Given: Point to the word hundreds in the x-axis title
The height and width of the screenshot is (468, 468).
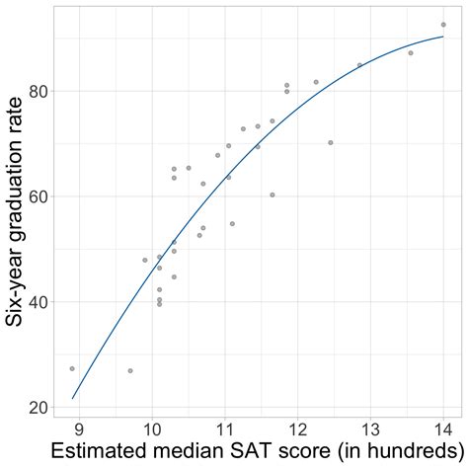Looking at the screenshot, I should (x=400, y=453).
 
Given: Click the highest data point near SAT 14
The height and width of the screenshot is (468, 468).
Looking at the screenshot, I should (x=443, y=25).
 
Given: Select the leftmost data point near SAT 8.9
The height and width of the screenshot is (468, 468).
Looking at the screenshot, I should (x=72, y=368).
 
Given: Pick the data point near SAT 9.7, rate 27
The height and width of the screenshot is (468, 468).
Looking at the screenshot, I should (x=130, y=371).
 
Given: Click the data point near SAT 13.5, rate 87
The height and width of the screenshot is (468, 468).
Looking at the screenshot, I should (x=411, y=52).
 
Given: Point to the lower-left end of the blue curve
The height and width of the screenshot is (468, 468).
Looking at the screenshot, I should (x=72, y=399).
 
